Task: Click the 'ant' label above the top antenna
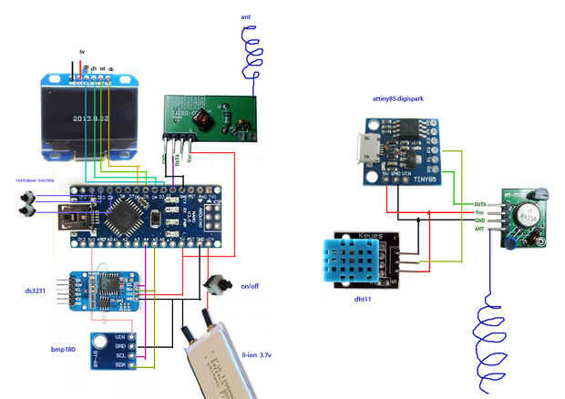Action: click(x=246, y=17)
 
